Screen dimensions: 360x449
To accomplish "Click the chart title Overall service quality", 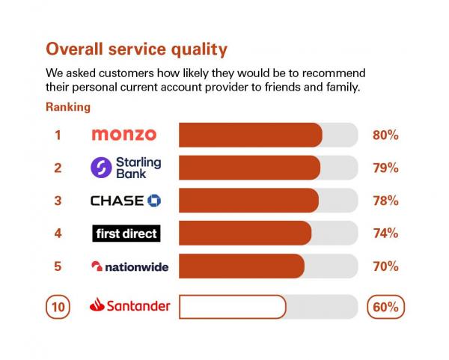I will (x=136, y=49).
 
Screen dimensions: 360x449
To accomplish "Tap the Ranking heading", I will (x=68, y=107).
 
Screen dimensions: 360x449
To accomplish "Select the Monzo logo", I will (x=123, y=135).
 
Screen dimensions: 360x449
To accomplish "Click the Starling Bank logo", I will (x=126, y=168).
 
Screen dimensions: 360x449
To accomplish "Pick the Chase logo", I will (x=126, y=201).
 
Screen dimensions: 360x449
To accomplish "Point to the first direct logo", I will (x=126, y=234).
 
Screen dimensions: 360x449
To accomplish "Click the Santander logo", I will (x=129, y=306).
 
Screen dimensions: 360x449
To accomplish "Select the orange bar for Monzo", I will (x=250, y=135).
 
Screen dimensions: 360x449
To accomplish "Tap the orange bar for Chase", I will (x=248, y=201).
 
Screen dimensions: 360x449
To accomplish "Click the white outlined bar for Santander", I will (x=232, y=307).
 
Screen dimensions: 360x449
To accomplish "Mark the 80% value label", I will (x=385, y=135).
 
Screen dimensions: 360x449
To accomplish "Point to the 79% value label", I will (x=385, y=168).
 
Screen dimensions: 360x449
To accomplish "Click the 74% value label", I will (x=385, y=234).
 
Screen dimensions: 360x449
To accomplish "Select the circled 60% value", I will (x=386, y=307).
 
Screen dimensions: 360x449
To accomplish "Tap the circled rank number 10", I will (x=58, y=307).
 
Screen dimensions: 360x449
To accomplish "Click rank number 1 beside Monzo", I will (x=58, y=135).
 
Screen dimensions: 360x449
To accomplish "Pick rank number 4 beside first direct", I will (x=58, y=234).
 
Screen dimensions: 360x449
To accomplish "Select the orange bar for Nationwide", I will (x=242, y=266).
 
